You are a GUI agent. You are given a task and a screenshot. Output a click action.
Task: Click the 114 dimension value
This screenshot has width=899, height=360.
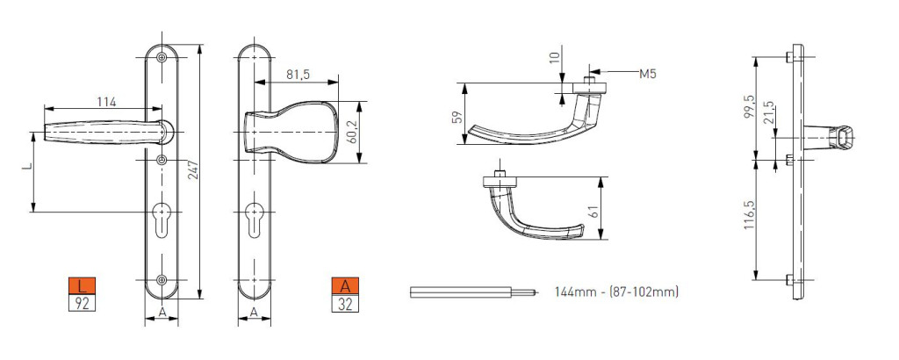point(106,102)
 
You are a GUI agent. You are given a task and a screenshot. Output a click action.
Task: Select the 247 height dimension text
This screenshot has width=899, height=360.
point(193,171)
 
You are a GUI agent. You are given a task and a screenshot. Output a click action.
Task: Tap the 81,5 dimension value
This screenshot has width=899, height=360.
point(298,75)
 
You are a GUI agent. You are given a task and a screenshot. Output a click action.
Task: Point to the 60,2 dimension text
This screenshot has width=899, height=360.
point(353,132)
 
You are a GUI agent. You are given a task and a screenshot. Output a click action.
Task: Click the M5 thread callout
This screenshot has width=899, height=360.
point(648,74)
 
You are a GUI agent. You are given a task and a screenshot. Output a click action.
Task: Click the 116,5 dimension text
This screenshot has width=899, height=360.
point(749,215)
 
